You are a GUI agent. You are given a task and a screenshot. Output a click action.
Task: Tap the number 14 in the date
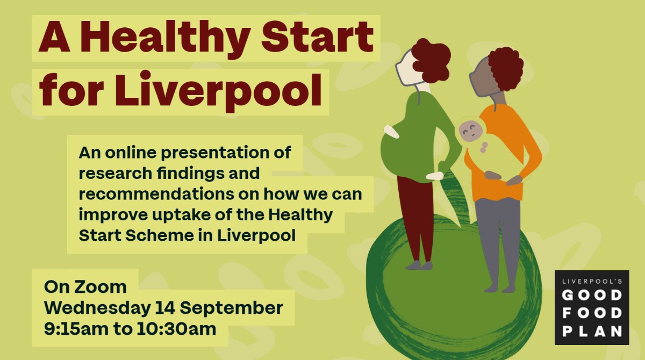(163, 308)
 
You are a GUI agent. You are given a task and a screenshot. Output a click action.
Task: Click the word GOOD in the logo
(592, 296)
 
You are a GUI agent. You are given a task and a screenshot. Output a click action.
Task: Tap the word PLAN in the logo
(592, 330)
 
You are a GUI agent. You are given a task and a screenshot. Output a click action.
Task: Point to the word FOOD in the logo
(592, 313)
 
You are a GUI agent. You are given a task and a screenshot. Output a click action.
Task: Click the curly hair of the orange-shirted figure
(505, 67)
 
